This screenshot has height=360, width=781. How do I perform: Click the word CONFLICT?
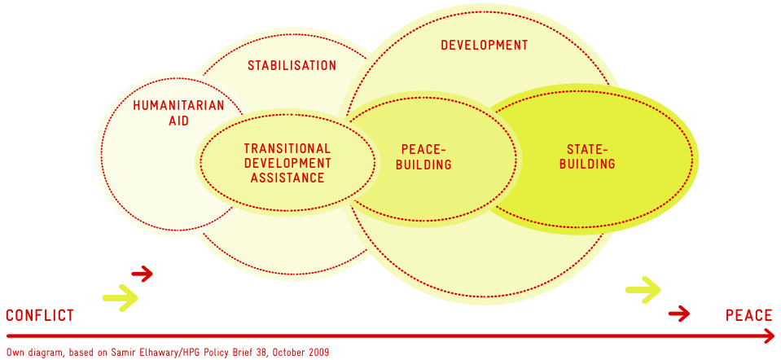point(40,315)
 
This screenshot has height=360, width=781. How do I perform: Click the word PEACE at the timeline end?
point(748,315)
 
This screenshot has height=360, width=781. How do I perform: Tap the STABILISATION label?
point(292,65)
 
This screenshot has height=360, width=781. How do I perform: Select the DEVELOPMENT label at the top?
point(484,46)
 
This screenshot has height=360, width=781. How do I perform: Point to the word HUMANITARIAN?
point(179,106)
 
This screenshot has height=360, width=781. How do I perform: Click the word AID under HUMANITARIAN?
point(179,121)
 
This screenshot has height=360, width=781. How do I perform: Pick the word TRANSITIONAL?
point(287,148)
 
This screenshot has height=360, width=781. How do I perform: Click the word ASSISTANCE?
point(287,178)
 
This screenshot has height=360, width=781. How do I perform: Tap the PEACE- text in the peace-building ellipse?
point(423,149)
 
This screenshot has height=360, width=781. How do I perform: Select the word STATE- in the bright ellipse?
point(587,149)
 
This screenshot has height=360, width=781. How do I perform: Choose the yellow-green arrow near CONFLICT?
point(120,298)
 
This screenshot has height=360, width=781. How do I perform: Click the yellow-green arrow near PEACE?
point(643,289)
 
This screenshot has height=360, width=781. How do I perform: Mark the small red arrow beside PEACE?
point(679,314)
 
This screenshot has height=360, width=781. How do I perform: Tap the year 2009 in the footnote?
point(318,353)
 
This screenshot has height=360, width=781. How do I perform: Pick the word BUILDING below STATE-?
point(587,164)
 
